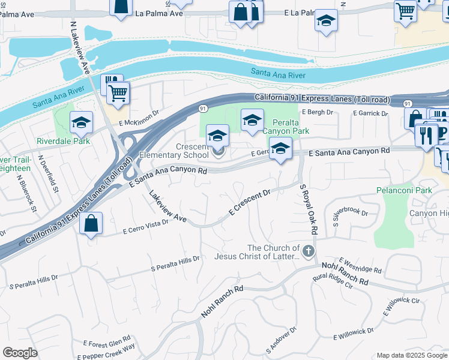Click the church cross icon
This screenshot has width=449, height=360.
(x=309, y=251)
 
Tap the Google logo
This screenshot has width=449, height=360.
(x=20, y=353)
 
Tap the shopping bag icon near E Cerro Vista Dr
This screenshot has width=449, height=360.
(x=90, y=224)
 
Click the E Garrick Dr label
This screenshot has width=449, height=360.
(x=371, y=113)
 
